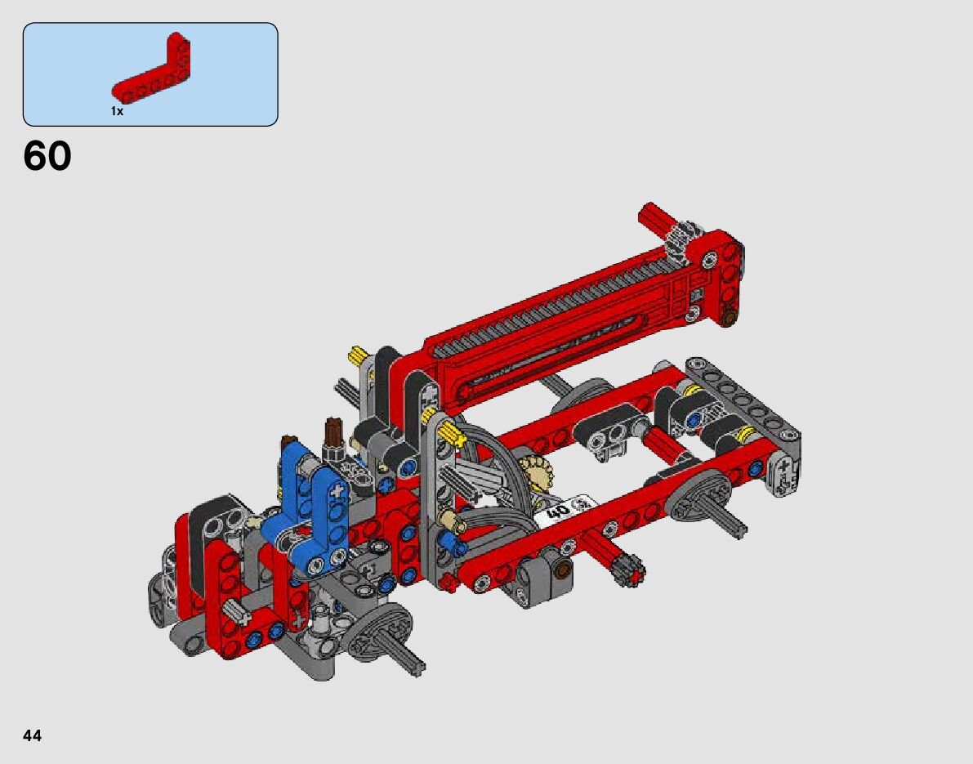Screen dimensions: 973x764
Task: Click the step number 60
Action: pyautogui.click(x=47, y=156)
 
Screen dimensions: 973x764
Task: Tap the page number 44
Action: pyautogui.click(x=32, y=735)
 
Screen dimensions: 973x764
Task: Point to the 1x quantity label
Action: pyautogui.click(x=118, y=111)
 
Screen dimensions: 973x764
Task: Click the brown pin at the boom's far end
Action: pyautogui.click(x=730, y=319)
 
